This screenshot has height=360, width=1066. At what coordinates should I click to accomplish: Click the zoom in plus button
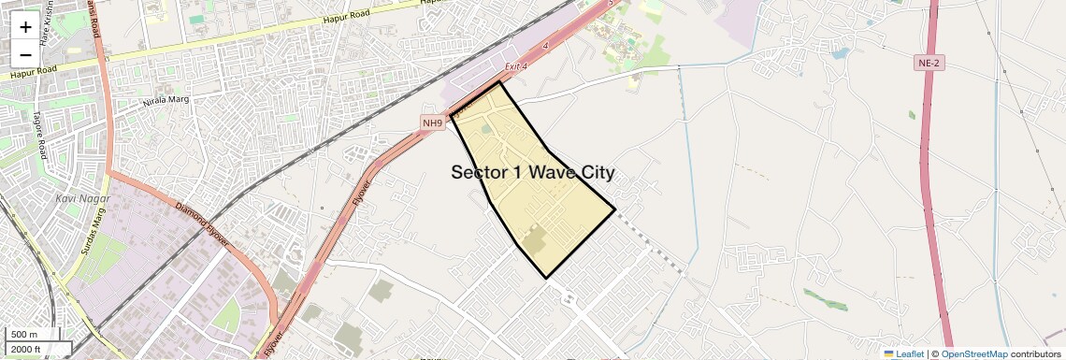[x=25, y=27]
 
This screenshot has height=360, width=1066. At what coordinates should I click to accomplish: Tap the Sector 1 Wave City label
[x=532, y=172]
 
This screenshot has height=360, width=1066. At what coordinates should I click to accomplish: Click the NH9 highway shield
[x=432, y=122]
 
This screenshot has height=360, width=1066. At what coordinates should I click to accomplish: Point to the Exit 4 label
[x=516, y=66]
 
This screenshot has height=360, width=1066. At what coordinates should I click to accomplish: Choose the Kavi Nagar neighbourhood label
[x=82, y=198]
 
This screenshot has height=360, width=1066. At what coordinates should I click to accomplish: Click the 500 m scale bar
[x=25, y=335]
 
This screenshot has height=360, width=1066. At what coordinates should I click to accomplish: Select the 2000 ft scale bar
[x=26, y=349]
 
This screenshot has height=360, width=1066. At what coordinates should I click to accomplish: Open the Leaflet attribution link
[x=904, y=354]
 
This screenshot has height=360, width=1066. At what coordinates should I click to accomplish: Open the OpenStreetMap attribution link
[x=973, y=354]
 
